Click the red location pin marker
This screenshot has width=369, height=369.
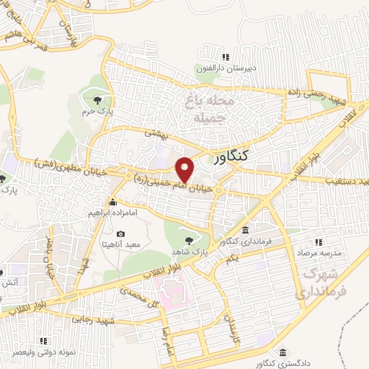[186, 169]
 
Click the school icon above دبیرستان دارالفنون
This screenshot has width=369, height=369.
[226, 57]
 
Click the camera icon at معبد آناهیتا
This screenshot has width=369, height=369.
[120, 235]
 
